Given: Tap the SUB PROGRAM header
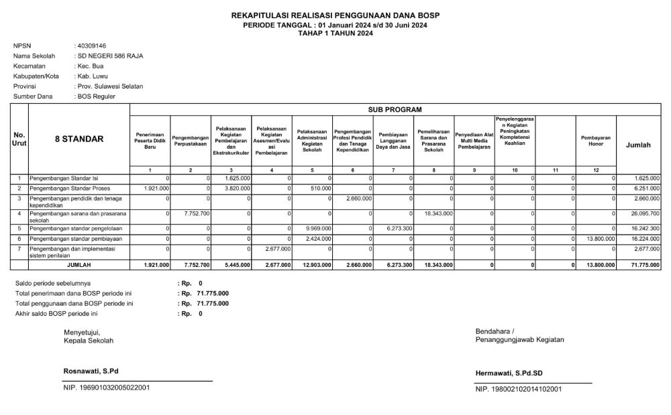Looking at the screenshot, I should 395,109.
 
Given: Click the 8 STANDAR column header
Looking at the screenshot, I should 79,139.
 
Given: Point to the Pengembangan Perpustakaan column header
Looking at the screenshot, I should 191,140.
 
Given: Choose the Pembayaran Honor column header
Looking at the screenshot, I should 596,140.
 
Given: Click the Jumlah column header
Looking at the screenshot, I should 637,144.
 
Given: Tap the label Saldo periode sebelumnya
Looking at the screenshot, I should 53,284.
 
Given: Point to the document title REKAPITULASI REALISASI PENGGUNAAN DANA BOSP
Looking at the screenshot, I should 335,15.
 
